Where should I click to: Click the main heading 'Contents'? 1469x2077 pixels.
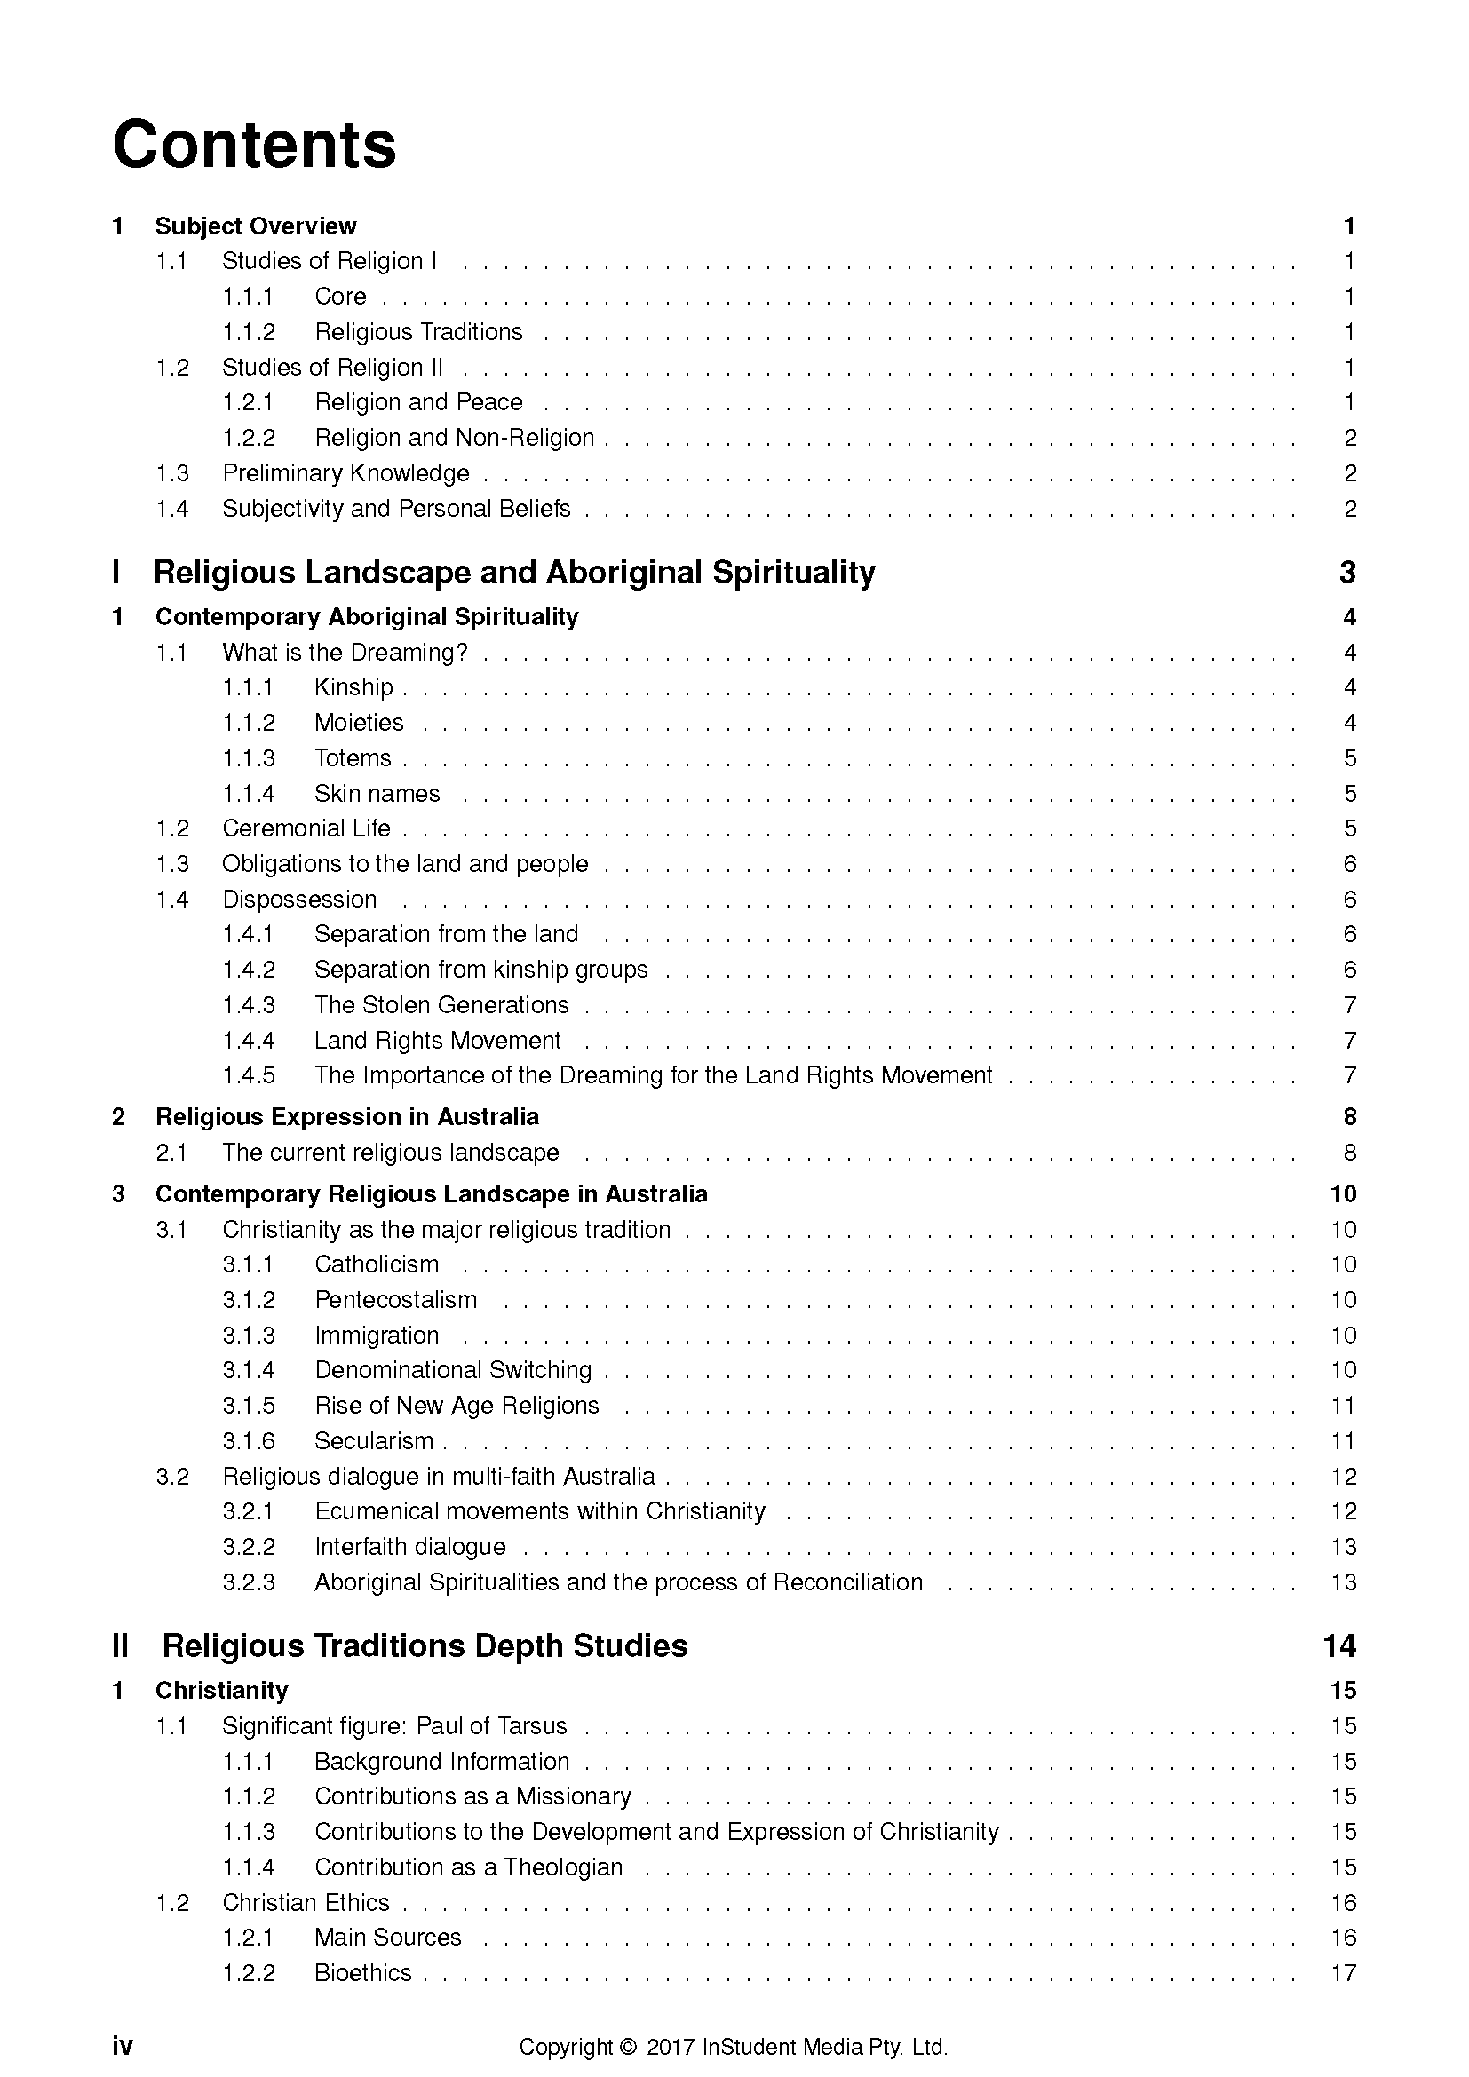[254, 145]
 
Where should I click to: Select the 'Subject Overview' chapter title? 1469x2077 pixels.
[256, 226]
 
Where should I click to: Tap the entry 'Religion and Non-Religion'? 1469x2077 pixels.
[454, 438]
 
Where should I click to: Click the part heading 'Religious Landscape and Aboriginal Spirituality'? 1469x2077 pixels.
[513, 573]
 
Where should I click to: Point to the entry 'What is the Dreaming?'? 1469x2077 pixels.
[345, 653]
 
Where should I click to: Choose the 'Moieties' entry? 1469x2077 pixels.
[358, 723]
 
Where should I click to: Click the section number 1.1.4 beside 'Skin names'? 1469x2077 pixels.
[249, 794]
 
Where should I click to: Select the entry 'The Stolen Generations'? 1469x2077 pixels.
[441, 1005]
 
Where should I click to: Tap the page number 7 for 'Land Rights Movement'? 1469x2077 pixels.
[1350, 1041]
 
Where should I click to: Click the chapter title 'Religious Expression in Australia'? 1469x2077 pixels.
[346, 1117]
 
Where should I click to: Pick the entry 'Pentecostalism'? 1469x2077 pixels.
[395, 1300]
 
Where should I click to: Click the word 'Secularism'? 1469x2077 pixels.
[374, 1441]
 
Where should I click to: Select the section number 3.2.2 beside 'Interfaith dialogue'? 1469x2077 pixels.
[249, 1547]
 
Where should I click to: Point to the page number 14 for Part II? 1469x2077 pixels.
[1338, 1645]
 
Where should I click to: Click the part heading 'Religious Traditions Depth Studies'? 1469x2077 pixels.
[425, 1645]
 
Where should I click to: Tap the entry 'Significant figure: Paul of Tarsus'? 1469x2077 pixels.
[394, 1726]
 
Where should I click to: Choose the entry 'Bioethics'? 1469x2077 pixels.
[362, 1973]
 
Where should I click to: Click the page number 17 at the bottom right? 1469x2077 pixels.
[1343, 1973]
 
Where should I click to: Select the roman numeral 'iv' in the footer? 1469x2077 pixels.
[122, 2046]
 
